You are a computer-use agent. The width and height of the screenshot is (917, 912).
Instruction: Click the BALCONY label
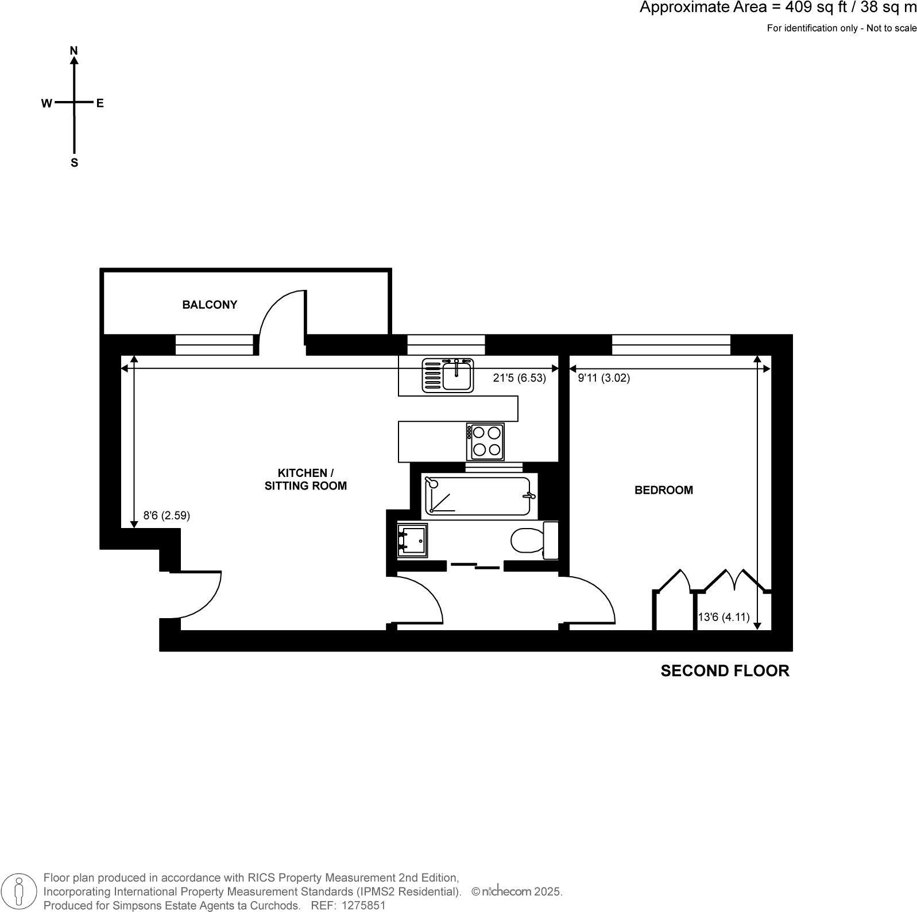(x=210, y=305)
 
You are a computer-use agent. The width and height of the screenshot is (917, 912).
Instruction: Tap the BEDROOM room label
(x=663, y=490)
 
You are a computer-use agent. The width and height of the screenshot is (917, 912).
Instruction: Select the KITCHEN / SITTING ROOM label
(x=305, y=479)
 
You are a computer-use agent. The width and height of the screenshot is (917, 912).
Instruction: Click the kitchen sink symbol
(x=448, y=376)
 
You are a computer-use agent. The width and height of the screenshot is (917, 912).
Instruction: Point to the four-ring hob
(x=486, y=441)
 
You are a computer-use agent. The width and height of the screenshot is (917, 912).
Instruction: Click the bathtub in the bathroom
(x=477, y=496)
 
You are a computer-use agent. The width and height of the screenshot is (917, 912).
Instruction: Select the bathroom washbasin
(x=412, y=540)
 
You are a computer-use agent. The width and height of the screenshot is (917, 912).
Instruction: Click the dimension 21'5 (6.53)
(x=519, y=378)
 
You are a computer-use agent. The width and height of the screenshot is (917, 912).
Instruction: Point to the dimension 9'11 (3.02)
(x=603, y=378)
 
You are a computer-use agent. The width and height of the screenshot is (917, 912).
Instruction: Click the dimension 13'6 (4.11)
(x=723, y=618)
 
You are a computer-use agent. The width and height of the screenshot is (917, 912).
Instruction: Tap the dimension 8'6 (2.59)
(x=167, y=515)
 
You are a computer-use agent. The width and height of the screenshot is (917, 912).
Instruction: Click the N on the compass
(x=73, y=51)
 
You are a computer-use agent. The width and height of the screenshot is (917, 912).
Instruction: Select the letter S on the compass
(x=74, y=163)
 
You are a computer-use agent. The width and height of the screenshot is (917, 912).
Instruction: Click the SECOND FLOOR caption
(x=725, y=670)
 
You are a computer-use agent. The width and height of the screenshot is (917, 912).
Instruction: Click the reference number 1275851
(x=363, y=906)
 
